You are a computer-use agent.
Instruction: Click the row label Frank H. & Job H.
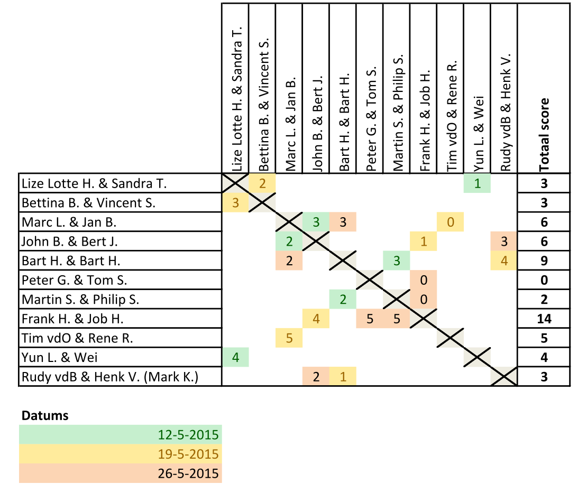[x=72, y=319]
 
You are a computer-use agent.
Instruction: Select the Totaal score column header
[x=544, y=135]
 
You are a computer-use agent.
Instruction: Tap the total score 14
[x=544, y=319]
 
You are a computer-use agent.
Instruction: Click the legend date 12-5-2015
[x=188, y=435]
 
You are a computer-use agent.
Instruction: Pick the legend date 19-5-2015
[x=188, y=454]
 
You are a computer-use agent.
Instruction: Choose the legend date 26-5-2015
[x=188, y=473]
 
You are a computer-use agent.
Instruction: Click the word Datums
[x=45, y=416]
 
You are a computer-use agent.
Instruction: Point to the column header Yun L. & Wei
[x=478, y=134]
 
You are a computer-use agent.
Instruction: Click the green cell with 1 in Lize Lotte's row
[x=477, y=183]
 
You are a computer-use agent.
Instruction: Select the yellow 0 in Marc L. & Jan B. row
[x=450, y=222]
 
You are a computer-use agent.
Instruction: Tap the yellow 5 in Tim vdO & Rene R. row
[x=289, y=338]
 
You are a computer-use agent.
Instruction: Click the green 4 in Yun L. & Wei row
[x=235, y=357]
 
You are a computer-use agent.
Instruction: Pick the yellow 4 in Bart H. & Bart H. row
[x=504, y=261]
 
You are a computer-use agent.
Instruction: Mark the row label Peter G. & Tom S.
[x=74, y=280]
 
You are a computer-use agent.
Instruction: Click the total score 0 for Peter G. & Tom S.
[x=544, y=280]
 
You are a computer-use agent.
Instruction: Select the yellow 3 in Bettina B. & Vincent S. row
[x=235, y=203]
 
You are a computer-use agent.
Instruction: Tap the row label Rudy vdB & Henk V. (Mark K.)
[x=110, y=377]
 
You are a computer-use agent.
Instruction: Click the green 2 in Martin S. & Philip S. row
[x=343, y=300]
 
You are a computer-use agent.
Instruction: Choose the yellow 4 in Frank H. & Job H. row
[x=316, y=319]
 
